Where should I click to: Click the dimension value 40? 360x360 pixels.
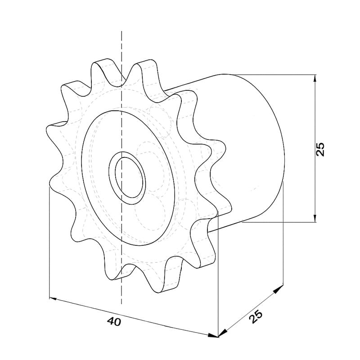[x=114, y=322]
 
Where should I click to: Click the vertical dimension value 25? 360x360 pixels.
[x=320, y=149]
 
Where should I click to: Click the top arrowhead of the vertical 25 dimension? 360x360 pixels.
[x=315, y=78]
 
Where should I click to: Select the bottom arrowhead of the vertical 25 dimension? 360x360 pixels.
[x=315, y=219]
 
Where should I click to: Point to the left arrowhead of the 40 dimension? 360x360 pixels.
[x=53, y=298]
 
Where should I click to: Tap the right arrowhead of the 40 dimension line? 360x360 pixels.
[x=213, y=336]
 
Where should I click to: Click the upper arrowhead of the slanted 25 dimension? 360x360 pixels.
[x=278, y=288]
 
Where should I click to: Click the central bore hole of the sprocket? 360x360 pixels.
[x=130, y=177]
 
